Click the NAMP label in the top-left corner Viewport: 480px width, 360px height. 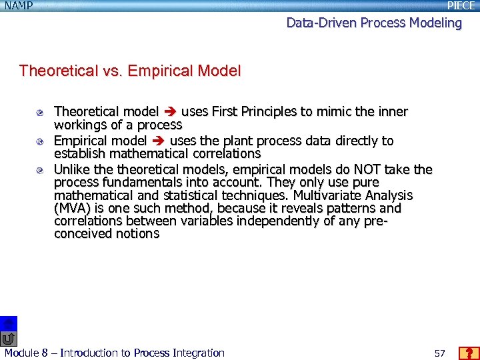click(x=17, y=6)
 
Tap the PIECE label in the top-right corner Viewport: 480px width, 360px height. click(x=461, y=6)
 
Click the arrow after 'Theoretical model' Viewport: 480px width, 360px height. click(x=170, y=111)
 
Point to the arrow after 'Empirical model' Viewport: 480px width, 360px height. click(x=159, y=141)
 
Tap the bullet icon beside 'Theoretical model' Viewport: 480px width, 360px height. click(x=40, y=112)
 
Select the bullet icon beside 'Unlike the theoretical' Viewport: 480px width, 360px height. click(x=40, y=170)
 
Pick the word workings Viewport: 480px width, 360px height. click(x=78, y=125)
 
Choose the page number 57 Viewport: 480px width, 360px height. click(x=439, y=353)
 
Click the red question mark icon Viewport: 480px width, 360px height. click(x=469, y=353)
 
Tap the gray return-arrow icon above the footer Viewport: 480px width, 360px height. click(x=8, y=339)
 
